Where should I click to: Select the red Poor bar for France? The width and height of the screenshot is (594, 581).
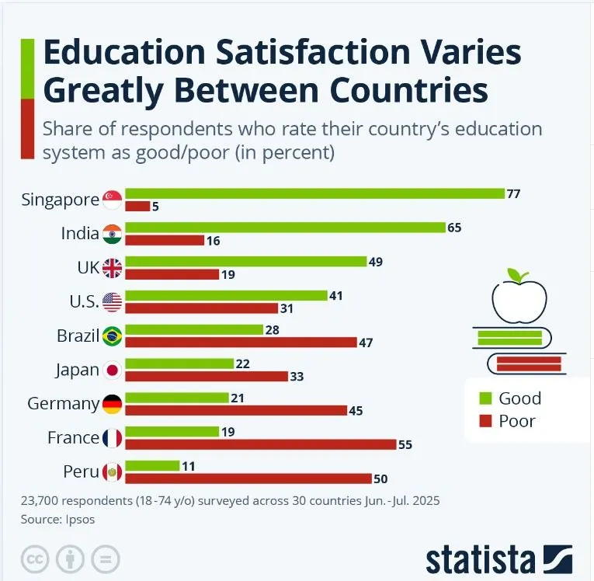261,445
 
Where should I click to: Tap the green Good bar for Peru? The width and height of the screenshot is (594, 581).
152,465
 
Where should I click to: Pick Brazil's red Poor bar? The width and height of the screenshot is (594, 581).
241,343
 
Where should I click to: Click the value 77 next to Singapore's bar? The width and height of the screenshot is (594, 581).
513,193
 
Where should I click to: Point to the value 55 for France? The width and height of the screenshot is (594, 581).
405,445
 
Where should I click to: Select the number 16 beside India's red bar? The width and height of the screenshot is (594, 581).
214,241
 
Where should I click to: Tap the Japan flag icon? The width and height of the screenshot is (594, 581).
113,371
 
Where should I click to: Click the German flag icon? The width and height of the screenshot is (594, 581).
113,404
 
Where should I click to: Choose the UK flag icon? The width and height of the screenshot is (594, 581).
113,268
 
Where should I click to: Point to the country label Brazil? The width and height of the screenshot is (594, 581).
78,336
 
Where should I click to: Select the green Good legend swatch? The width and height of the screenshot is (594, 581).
487,398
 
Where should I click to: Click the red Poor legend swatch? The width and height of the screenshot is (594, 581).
487,422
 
